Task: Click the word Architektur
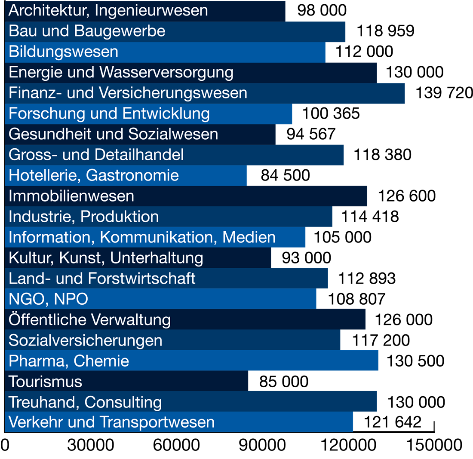click(x=48, y=10)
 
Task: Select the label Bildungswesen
click(x=63, y=52)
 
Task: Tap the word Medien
click(x=249, y=237)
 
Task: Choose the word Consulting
click(x=123, y=402)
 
